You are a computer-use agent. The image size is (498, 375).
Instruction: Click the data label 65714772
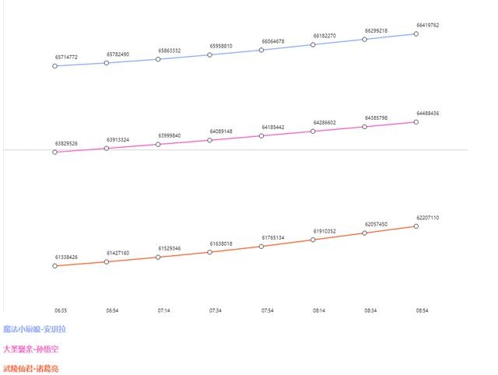pyautogui.click(x=66, y=58)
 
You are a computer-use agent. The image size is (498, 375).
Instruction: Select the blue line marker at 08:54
pyautogui.click(x=416, y=33)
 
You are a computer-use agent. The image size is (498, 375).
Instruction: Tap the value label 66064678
pyautogui.click(x=273, y=41)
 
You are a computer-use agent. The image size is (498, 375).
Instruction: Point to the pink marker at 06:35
pyautogui.click(x=55, y=152)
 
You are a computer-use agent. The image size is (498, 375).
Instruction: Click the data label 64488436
pyautogui.click(x=428, y=114)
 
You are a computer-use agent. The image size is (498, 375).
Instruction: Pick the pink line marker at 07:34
pyautogui.click(x=210, y=140)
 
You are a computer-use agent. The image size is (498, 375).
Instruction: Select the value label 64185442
pyautogui.click(x=273, y=127)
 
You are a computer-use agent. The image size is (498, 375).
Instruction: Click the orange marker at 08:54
pyautogui.click(x=416, y=226)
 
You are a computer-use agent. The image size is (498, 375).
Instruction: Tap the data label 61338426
pyautogui.click(x=66, y=257)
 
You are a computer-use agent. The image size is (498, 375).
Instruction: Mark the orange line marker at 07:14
pyautogui.click(x=158, y=258)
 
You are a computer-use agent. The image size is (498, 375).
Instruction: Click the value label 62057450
pyautogui.click(x=376, y=223)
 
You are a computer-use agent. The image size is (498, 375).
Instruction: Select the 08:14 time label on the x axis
pyautogui.click(x=319, y=310)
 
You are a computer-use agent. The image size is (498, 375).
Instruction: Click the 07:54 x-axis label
pyautogui.click(x=267, y=310)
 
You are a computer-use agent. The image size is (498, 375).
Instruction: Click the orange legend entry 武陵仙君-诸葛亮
pyautogui.click(x=31, y=368)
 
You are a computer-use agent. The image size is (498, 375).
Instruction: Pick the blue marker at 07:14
pyautogui.click(x=158, y=59)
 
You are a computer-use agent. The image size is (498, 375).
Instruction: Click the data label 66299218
pyautogui.click(x=376, y=31)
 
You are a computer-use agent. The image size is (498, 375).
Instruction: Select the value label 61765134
pyautogui.click(x=273, y=237)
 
